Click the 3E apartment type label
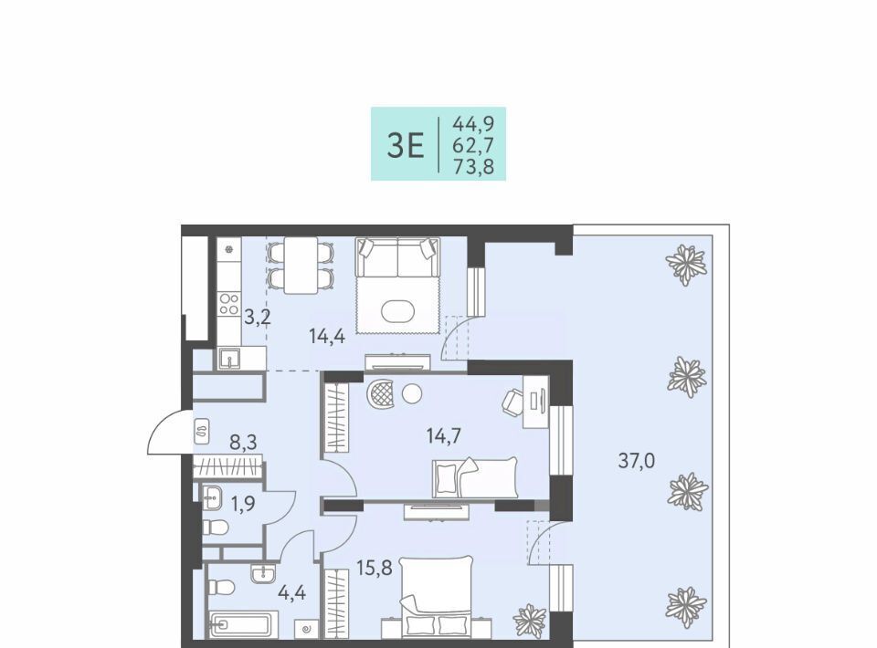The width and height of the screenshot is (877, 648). click(406, 146)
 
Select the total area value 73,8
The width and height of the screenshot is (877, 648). click(474, 166)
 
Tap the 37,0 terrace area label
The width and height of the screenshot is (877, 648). click(637, 461)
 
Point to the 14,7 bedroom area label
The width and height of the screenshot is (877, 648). click(444, 435)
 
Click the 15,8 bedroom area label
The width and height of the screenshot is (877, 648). click(375, 568)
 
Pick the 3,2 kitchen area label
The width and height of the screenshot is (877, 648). click(258, 318)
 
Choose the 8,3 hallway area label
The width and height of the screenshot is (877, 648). click(243, 443)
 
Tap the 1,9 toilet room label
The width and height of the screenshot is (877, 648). click(243, 504)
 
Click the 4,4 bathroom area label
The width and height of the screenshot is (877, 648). click(292, 592)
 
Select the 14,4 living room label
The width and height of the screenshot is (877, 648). click(327, 336)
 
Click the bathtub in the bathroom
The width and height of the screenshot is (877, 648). click(244, 624)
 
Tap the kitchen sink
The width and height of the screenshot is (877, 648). click(229, 358)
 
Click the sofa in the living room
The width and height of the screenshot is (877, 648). click(397, 256)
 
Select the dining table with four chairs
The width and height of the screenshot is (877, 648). click(301, 265)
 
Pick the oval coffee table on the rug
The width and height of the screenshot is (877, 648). click(397, 312)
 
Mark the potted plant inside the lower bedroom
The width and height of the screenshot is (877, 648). click(529, 621)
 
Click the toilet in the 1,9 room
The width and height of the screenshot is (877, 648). click(216, 528)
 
